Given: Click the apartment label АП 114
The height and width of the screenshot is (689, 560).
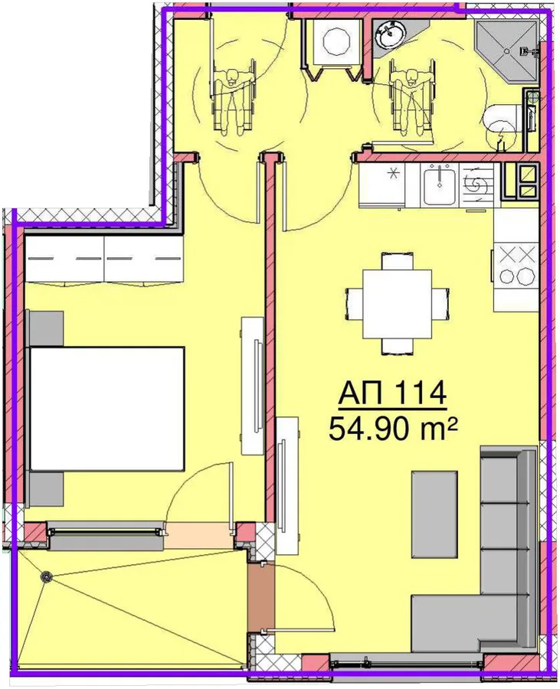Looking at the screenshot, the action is (392, 393).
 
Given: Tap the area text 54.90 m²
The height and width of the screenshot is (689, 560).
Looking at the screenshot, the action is (392, 429).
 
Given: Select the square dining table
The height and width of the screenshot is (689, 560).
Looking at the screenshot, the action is (397, 304).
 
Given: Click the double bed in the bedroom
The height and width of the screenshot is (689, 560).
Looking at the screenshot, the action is (107, 410).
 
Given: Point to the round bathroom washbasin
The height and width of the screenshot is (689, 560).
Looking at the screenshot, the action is (389, 34).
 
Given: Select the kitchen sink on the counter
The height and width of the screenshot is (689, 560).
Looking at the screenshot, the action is (439, 185).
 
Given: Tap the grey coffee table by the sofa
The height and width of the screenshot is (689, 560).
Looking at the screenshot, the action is (434, 514).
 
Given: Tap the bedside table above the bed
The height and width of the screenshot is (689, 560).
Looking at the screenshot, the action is (46, 328).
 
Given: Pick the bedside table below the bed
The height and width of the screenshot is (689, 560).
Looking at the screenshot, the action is (46, 490).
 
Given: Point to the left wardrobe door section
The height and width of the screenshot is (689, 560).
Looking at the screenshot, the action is (64, 260).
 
